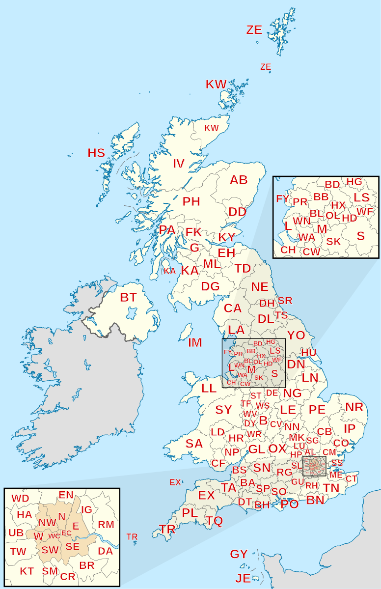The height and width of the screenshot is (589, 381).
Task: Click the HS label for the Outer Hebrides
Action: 96,153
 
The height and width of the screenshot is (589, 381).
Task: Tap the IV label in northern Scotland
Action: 178,164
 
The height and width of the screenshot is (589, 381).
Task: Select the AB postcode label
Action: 239,180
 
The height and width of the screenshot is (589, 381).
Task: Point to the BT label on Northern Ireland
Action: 128,297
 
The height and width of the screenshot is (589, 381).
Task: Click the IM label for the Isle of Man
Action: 195,342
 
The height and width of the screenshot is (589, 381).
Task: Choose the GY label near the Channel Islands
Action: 239,554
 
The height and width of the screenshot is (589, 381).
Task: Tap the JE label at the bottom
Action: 243,579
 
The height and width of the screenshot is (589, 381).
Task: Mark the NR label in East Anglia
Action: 354,407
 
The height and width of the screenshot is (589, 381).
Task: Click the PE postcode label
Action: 317,409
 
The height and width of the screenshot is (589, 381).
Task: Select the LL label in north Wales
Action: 209,388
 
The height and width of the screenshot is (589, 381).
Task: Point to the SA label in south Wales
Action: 194,444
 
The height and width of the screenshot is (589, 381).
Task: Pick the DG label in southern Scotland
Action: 210,286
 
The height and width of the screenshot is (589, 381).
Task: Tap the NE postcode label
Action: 260,287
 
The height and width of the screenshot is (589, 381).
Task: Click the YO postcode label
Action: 296,336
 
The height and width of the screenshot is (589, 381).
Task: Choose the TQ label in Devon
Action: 214,521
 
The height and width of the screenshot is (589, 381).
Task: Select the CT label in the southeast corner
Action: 352,478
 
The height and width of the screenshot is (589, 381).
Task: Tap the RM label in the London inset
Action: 106,525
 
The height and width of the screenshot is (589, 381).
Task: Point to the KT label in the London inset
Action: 27,571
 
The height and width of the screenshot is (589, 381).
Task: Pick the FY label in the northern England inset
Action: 283,199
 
